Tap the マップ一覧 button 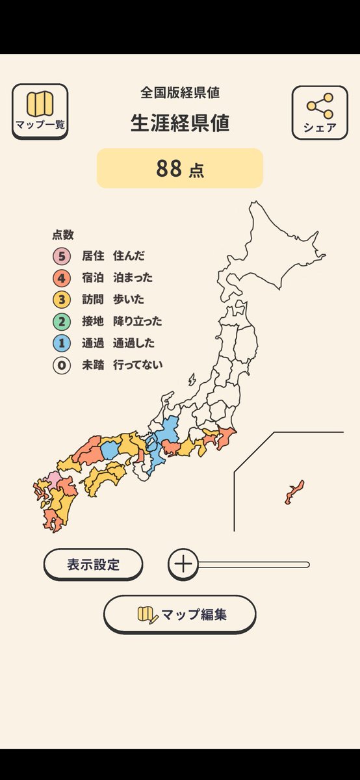pyautogui.click(x=40, y=111)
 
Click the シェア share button pyautogui.click(x=320, y=112)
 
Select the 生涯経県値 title pyautogui.click(x=180, y=123)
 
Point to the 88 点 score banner pyautogui.click(x=180, y=168)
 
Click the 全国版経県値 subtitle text pyautogui.click(x=180, y=92)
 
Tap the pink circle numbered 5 pyautogui.click(x=62, y=256)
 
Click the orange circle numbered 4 pyautogui.click(x=62, y=278)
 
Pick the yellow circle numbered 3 pyautogui.click(x=62, y=300)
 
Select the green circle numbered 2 pyautogui.click(x=62, y=321)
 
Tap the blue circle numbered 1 pyautogui.click(x=62, y=343)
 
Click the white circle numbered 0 pyautogui.click(x=62, y=365)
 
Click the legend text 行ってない pyautogui.click(x=138, y=365)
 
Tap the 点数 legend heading pyautogui.click(x=63, y=235)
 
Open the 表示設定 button pyautogui.click(x=93, y=564)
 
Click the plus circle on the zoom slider pyautogui.click(x=184, y=564)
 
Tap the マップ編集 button pyautogui.click(x=180, y=614)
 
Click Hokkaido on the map pyautogui.click(x=273, y=247)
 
